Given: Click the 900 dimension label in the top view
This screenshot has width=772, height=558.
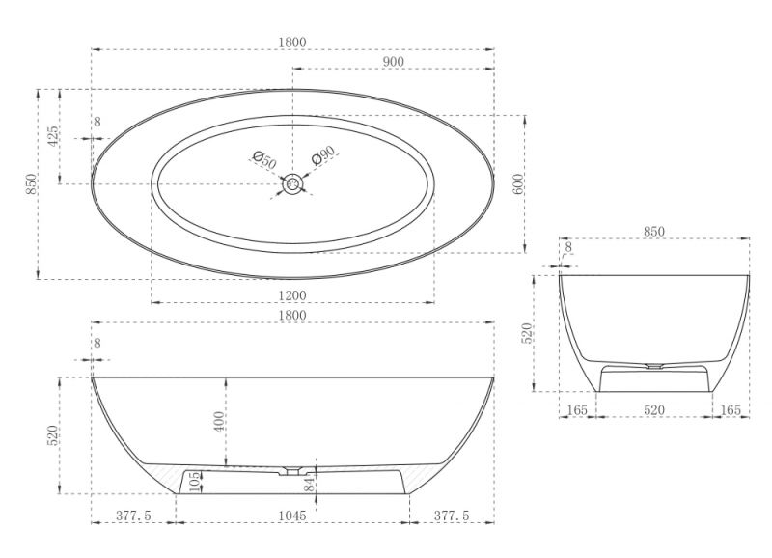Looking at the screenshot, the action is (x=393, y=62).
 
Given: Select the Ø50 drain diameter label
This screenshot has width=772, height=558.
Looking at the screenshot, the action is (x=264, y=159).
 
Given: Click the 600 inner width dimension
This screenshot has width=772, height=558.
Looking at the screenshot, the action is (x=519, y=183).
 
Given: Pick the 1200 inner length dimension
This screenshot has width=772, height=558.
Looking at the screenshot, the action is (x=292, y=295).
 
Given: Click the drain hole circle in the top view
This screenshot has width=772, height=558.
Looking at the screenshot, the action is (x=293, y=184).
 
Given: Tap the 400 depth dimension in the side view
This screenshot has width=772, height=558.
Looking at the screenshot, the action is (x=221, y=420).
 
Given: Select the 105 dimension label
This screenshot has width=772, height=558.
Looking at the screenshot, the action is (x=195, y=482).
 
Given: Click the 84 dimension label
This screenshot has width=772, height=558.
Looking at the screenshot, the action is (x=309, y=484).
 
